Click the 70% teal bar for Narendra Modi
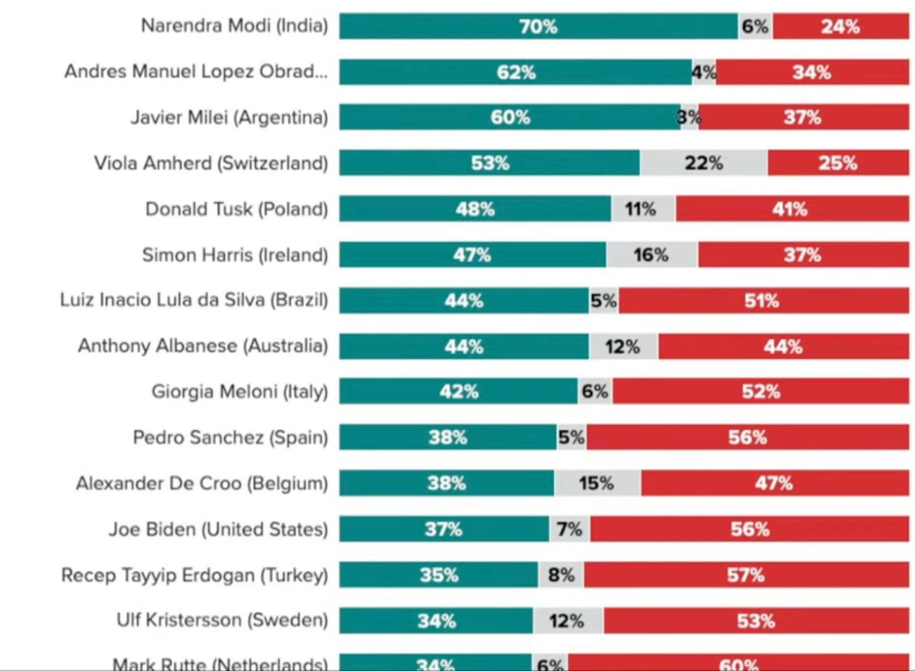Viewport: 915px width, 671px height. coord(538,26)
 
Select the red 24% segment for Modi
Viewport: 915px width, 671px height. coord(840,26)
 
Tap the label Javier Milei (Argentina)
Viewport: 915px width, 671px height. coord(229,117)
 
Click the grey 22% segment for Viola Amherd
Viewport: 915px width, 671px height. coord(703,163)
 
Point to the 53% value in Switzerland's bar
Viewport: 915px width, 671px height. coord(490,163)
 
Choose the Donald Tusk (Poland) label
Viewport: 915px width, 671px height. coord(237,209)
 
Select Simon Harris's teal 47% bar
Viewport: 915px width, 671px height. coord(472,255)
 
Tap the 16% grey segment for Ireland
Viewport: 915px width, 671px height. coord(652,255)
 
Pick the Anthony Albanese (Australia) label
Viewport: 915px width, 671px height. coord(203,346)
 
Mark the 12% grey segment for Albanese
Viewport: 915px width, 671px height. coord(623,347)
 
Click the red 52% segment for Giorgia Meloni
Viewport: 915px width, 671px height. coord(761,391)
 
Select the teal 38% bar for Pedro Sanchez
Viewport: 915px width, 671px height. coord(448,437)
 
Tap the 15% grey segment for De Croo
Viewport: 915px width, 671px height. coord(597,483)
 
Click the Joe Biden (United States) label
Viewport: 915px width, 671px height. coord(218,529)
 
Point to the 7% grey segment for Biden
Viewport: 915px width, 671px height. coord(569,529)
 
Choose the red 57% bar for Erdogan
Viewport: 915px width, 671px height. coord(746,575)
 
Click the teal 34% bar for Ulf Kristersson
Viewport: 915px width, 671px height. coord(436,621)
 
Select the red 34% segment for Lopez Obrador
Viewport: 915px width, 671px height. coord(812,72)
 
